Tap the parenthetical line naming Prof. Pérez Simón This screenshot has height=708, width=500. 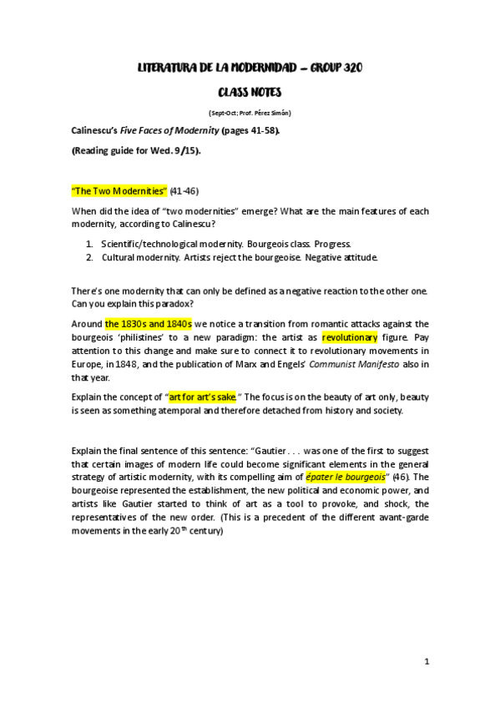pos(250,112)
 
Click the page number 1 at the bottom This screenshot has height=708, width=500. pos(426,661)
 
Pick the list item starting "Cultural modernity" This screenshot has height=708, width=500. pos(240,256)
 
